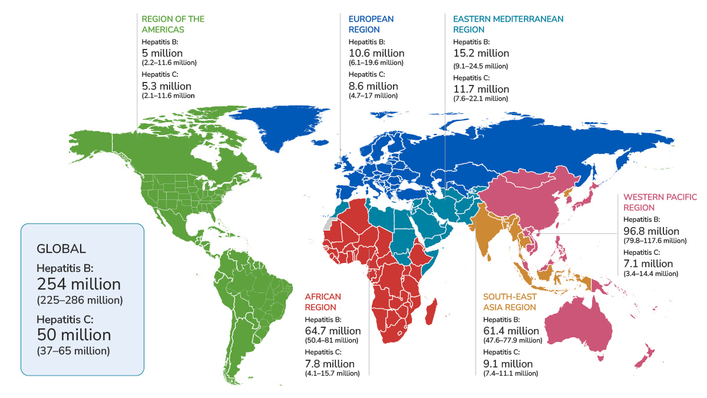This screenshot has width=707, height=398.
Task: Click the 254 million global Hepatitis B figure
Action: pos(79,282)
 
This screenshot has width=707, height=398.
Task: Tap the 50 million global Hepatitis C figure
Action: pos(74,335)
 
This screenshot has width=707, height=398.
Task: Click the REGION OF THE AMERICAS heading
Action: pos(173,24)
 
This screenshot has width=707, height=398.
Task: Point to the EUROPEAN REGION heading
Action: pos(371,24)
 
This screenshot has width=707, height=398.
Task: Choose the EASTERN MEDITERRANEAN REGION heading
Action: pos(509,24)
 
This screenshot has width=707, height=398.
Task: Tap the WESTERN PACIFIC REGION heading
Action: pos(660,202)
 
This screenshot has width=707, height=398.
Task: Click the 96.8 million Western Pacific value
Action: pos(651,231)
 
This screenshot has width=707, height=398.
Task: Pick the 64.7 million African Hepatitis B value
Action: pos(332,331)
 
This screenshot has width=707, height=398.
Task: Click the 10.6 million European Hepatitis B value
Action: pos(376,53)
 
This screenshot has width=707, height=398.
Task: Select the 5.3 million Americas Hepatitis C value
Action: pos(167,86)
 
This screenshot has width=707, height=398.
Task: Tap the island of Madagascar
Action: pos(433,311)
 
